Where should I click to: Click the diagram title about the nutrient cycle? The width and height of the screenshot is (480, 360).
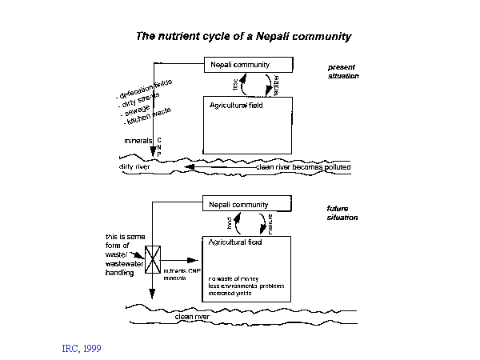click(243, 36)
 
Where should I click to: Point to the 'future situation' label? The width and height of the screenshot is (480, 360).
click(342, 213)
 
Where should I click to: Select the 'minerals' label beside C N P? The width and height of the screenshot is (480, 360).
click(138, 140)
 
